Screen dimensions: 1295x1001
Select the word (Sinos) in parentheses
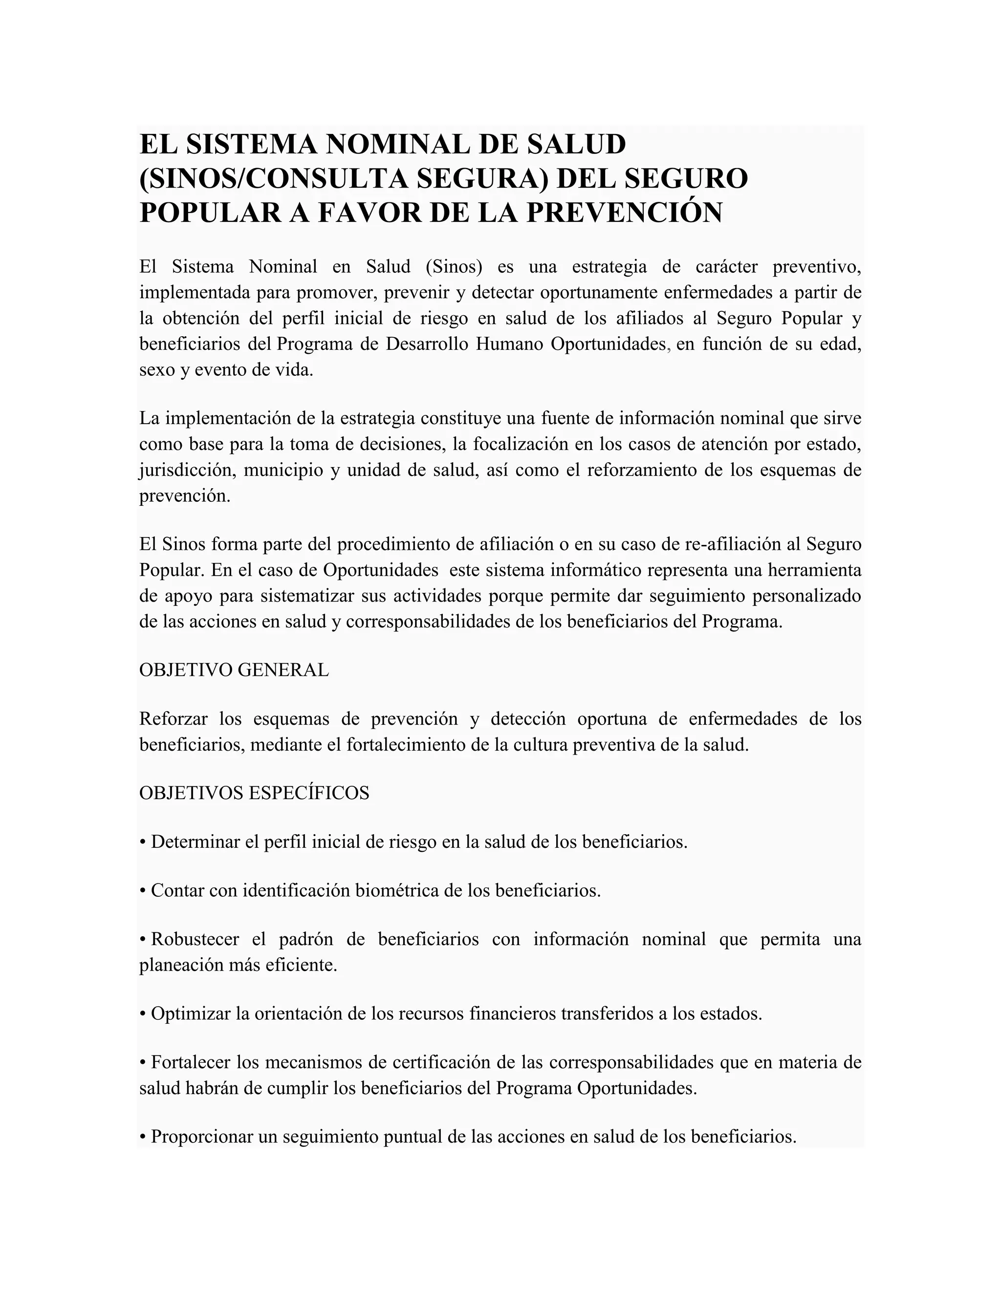[454, 267]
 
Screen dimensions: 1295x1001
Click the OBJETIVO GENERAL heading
[234, 670]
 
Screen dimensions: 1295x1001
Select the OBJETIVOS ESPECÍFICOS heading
[254, 793]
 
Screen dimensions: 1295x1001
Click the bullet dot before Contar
[143, 890]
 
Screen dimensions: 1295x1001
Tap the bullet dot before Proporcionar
[143, 1137]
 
